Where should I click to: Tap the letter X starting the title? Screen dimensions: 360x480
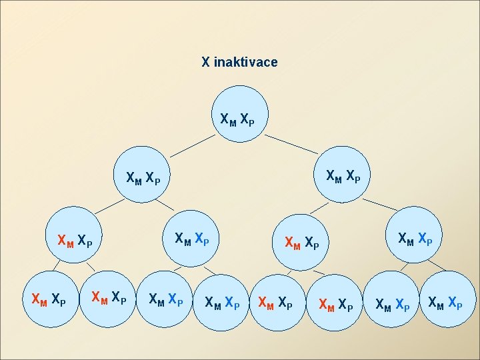point(206,62)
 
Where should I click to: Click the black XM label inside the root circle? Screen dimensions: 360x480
point(228,120)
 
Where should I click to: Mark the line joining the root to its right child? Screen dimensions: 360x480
point(293,142)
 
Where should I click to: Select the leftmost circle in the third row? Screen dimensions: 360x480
point(75,237)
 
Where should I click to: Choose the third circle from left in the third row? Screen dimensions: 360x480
point(302,241)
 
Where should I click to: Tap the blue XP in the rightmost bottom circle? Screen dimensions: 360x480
point(455,303)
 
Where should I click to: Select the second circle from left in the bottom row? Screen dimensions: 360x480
point(108,296)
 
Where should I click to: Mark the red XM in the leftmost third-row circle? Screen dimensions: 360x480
point(65,240)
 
